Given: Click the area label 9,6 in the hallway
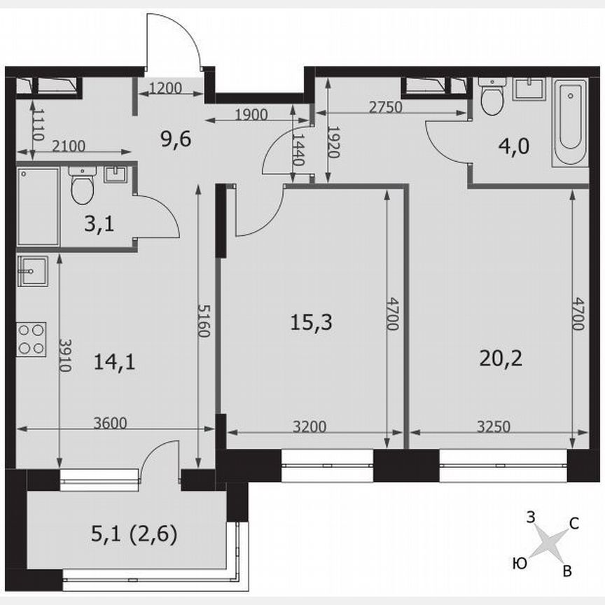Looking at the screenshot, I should point(176,138).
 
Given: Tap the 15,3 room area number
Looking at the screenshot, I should point(311,323).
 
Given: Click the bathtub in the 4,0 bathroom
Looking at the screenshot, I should point(569,122).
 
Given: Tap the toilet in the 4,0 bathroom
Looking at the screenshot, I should point(493,98).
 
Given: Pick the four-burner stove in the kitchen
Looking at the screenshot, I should point(31,338).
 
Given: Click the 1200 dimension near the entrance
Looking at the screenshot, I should point(165,88).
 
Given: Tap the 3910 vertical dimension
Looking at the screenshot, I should point(64,356).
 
